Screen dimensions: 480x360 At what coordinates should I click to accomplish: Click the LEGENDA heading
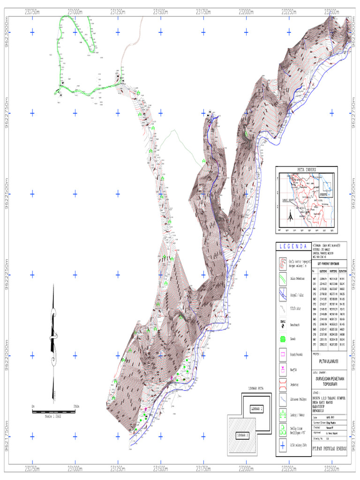[292, 247]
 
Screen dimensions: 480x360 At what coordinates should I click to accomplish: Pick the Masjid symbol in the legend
[283, 369]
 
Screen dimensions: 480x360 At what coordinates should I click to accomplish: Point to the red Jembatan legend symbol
[283, 385]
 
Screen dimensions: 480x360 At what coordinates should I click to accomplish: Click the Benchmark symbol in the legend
[283, 323]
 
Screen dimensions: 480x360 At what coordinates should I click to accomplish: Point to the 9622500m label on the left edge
[7, 194]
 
